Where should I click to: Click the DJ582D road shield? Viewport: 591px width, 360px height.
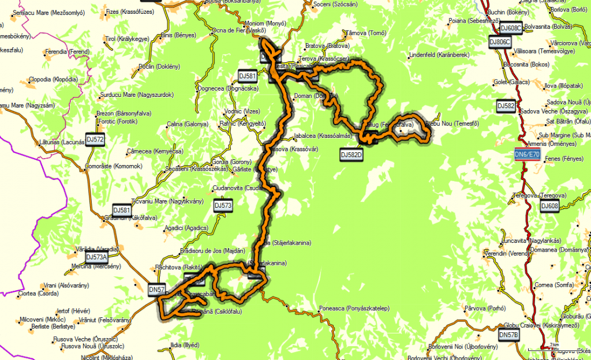coord(351,154)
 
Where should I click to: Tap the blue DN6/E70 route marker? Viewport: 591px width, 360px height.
coord(527,155)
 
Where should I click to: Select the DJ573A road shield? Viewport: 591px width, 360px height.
coord(96,257)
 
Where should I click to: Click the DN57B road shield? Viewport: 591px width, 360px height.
coord(508,335)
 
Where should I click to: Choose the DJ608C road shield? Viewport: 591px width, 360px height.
coord(510,28)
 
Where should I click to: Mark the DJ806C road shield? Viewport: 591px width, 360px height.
coord(499,42)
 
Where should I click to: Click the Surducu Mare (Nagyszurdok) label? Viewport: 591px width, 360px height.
coord(137,95)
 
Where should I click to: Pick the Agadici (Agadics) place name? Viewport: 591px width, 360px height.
coord(186,228)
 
